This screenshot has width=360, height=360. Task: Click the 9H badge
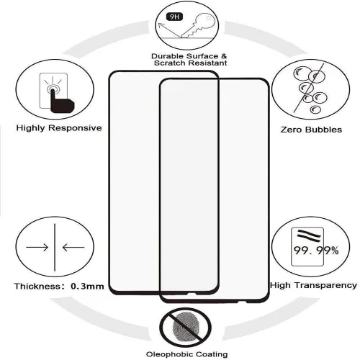click(174, 17)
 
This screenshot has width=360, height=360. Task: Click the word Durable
click(168, 56)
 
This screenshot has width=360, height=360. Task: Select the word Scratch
click(170, 63)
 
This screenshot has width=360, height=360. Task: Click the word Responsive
click(75, 128)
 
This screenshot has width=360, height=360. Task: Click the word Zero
click(291, 130)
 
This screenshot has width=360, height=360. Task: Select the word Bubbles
click(323, 130)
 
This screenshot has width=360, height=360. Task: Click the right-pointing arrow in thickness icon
click(37, 247)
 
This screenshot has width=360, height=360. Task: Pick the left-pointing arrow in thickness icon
click(73, 247)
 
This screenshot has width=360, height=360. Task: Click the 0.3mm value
click(87, 287)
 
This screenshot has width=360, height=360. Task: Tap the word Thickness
click(37, 287)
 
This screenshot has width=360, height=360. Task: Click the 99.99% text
click(316, 251)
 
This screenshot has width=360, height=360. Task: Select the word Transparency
click(326, 286)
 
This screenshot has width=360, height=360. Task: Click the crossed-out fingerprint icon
click(186, 327)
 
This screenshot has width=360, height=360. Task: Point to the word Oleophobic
click(169, 354)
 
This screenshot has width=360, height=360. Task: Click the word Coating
click(212, 354)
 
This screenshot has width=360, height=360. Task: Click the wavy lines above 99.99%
click(309, 234)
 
